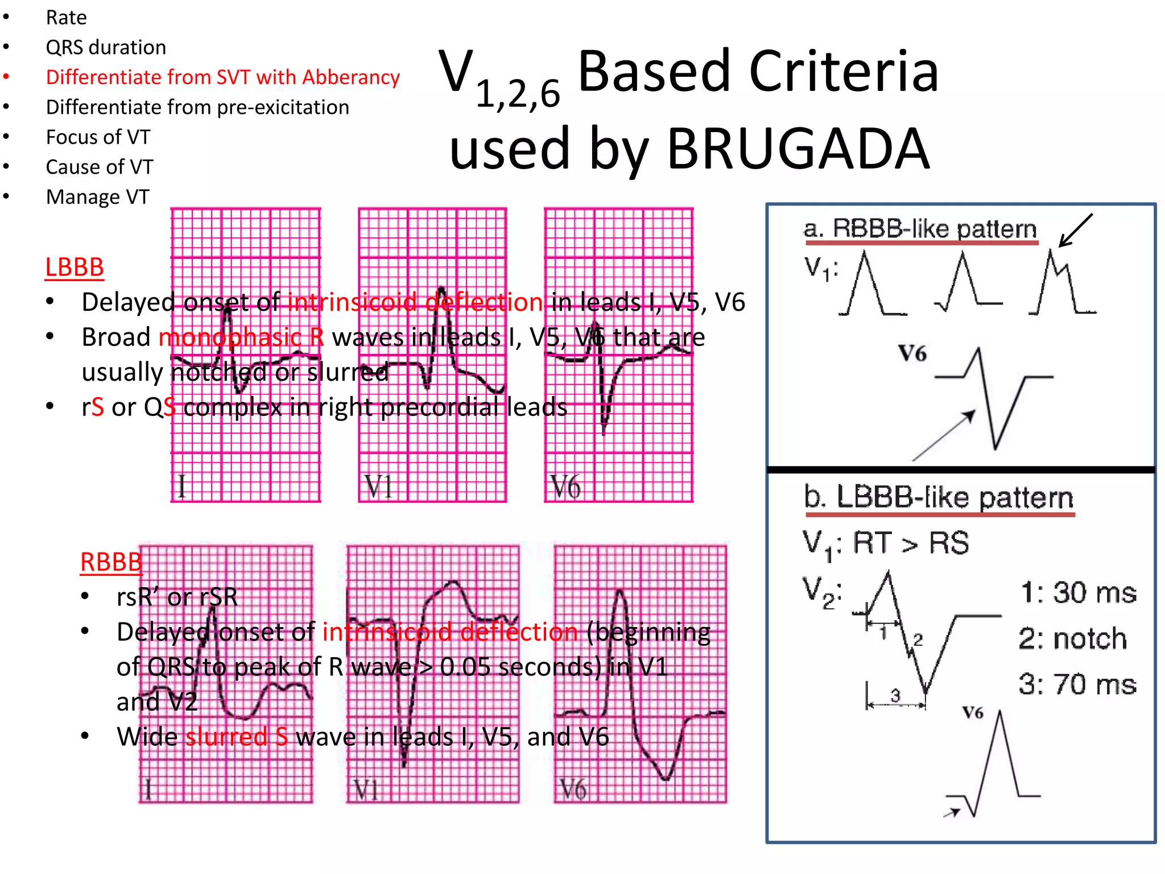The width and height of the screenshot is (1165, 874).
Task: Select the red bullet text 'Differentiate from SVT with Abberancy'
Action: [x=222, y=77]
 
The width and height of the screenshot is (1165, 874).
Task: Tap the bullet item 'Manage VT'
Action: [x=97, y=197]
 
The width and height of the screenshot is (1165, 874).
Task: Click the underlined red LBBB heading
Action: [x=75, y=267]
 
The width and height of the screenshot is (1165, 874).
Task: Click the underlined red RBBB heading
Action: [x=111, y=562]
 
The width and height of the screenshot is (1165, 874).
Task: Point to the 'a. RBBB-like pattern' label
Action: [x=920, y=229]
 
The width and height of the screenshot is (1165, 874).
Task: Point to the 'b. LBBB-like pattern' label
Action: [x=938, y=497]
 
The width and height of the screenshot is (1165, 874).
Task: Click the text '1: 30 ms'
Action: [x=1078, y=593]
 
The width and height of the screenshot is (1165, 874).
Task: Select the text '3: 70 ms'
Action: [x=1077, y=684]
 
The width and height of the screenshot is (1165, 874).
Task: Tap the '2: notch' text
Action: [x=1073, y=638]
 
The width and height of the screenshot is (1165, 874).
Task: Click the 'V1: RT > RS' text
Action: [x=885, y=543]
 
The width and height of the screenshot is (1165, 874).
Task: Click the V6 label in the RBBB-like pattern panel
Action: [x=912, y=354]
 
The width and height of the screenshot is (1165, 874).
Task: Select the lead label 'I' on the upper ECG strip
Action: [x=182, y=487]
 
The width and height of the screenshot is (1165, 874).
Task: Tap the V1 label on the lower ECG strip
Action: [x=366, y=790]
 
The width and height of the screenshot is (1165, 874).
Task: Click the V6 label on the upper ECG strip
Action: [x=566, y=487]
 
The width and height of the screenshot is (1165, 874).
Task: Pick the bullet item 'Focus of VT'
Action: [x=98, y=137]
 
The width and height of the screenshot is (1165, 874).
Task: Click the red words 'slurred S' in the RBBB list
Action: [x=237, y=737]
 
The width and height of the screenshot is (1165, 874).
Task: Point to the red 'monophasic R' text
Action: [x=241, y=337]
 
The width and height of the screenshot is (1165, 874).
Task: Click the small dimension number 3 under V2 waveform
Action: [x=895, y=695]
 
